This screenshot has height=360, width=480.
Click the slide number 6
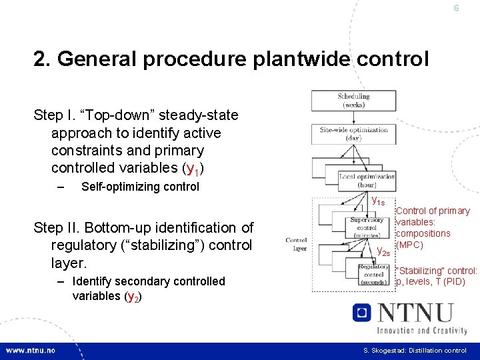point(456,9)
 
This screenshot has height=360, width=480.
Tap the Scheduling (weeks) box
point(353,100)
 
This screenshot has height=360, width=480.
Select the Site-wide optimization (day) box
point(353,133)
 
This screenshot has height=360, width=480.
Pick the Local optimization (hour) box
point(366,180)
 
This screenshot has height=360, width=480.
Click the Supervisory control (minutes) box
point(366,227)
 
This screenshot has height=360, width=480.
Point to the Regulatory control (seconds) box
point(373,274)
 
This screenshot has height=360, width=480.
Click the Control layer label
point(296,243)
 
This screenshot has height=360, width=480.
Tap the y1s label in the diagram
point(377,200)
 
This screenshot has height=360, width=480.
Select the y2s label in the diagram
point(383,251)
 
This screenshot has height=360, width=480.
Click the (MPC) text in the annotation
point(409,245)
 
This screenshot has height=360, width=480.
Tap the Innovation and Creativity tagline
point(421,329)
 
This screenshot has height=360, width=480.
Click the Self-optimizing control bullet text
point(140,187)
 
